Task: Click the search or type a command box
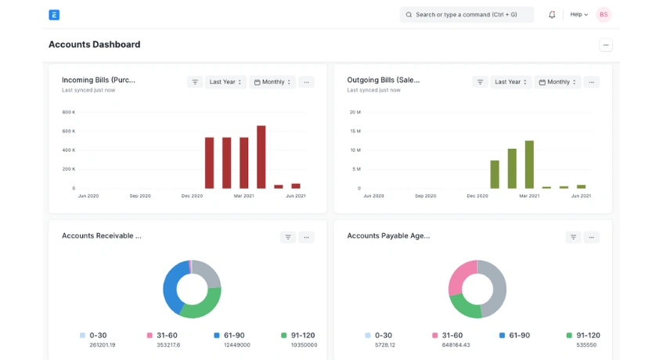[467, 14]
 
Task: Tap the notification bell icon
[552, 14]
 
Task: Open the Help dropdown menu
[578, 14]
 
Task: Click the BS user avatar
[604, 14]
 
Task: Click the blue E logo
[54, 14]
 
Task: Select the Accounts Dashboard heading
[95, 45]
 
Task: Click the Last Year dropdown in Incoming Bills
[226, 81]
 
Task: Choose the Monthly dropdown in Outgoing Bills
[558, 81]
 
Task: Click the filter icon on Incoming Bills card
[195, 81]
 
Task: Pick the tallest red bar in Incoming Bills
[261, 157]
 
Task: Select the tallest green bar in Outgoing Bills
[529, 164]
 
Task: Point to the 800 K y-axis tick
[69, 112]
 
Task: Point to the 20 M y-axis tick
[355, 112]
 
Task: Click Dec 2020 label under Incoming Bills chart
[193, 196]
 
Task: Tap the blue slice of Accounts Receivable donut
[173, 285]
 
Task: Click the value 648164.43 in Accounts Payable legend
[456, 344]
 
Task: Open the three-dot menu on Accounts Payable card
[592, 236]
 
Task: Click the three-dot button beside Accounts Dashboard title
[606, 45]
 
